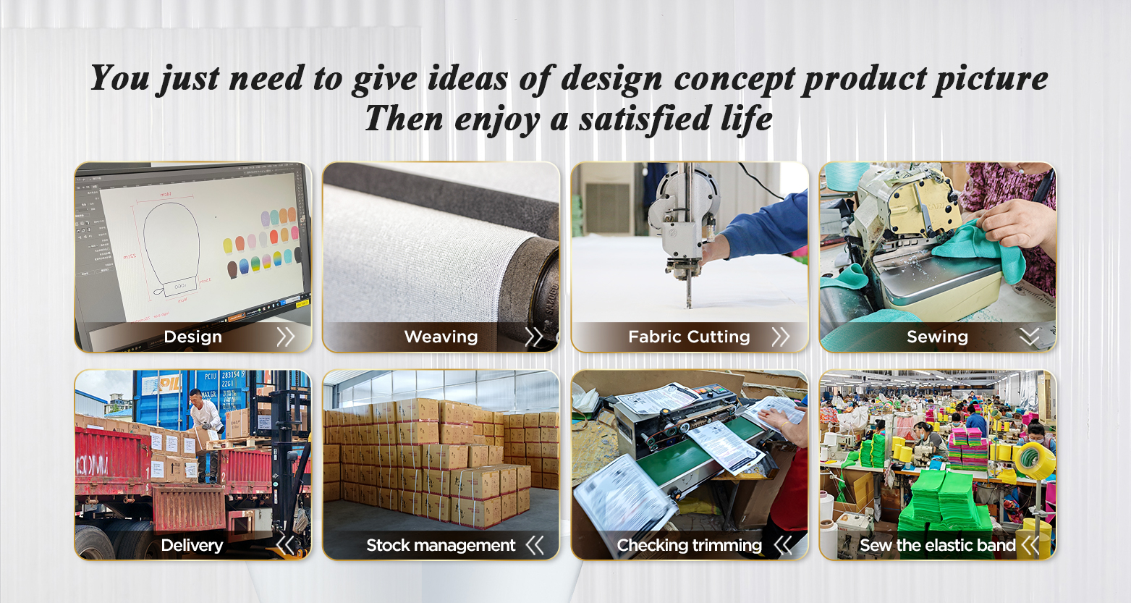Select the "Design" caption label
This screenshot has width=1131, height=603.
192,337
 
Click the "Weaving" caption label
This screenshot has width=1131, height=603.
441,337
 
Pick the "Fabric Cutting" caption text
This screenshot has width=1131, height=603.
689,337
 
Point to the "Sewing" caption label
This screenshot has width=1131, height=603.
937,337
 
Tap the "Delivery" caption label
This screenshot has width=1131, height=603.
192,545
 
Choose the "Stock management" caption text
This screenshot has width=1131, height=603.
441,545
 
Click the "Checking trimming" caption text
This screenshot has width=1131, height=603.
689,545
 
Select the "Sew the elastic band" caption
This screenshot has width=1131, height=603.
937,545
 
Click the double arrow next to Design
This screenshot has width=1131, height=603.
286,337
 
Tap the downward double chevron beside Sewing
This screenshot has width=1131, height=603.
1029,337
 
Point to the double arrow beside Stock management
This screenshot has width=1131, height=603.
535,545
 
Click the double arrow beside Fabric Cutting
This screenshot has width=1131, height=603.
780,337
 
